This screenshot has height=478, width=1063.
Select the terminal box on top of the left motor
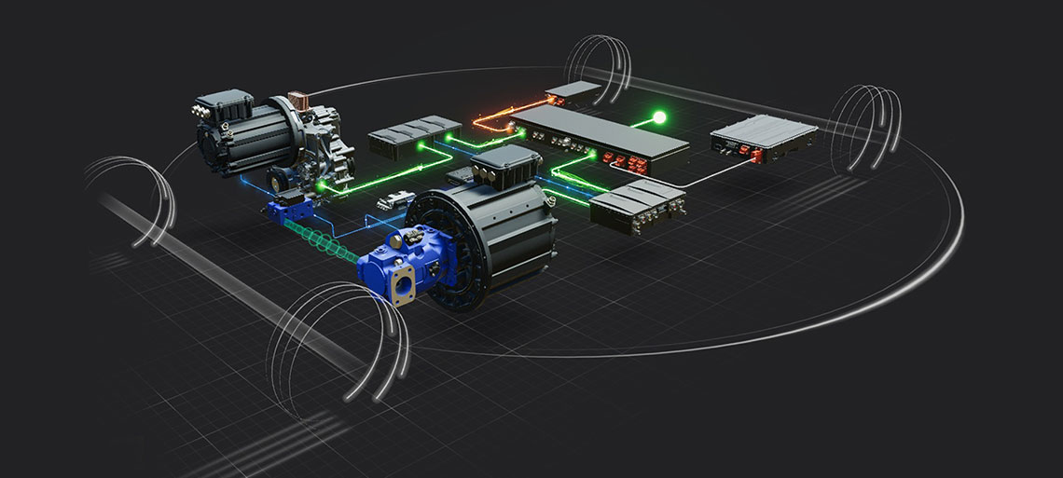(222, 104)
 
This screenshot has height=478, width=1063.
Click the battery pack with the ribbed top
(765, 134)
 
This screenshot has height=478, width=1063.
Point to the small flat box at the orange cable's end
(572, 90)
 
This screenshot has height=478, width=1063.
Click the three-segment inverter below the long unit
(638, 206)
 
